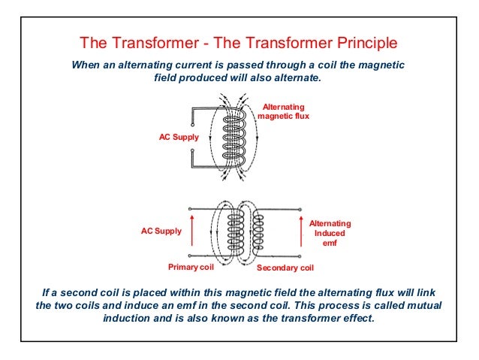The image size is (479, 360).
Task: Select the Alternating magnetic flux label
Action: tap(283, 112)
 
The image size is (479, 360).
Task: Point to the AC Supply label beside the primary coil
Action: tap(161, 231)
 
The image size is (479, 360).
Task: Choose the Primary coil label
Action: tap(191, 267)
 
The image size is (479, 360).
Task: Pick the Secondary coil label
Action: tap(285, 268)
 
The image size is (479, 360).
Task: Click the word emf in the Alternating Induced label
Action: tap(330, 243)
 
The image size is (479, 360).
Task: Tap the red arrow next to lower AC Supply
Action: tap(193, 231)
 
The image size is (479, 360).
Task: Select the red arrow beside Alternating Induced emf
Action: tap(299, 231)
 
